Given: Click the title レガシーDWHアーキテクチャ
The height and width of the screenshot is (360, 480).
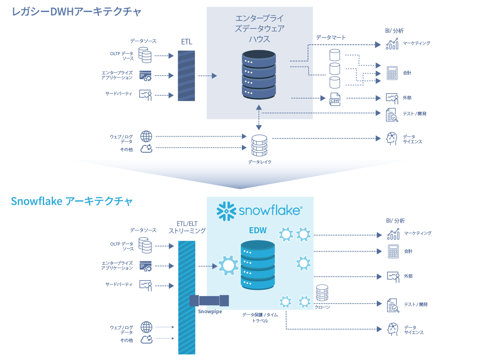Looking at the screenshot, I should pos(76,12).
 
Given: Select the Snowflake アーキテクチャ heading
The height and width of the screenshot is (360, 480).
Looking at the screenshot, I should pos(72,201).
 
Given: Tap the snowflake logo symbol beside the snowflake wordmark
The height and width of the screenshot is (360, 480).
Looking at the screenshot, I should pos(226,211).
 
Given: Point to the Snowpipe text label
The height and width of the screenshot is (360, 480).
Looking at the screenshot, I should pos(210,311).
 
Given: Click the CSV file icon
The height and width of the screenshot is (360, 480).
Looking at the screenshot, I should pos(335,99).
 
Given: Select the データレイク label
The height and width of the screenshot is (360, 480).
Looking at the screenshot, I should pos(260,162).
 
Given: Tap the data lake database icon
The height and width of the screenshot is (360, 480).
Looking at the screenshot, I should pos(259,146).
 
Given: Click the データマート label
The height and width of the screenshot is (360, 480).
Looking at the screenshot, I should pos(330,38).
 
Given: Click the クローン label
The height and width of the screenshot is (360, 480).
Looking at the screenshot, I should pos(322,307).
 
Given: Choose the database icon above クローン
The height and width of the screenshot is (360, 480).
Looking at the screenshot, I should pos(322,293).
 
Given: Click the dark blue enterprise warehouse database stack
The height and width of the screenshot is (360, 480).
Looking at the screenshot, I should pos(259,74).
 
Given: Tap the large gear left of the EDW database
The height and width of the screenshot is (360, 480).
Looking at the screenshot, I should pos(228,265).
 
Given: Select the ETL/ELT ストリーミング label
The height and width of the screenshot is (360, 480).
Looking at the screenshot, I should pos(187,227).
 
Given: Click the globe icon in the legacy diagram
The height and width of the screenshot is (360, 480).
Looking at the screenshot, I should pos(146,136).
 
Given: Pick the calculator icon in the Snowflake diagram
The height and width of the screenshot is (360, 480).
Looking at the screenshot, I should pos(393,251).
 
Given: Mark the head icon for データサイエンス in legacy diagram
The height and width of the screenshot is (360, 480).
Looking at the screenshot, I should pos(392,139).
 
